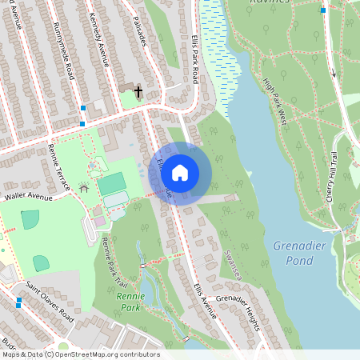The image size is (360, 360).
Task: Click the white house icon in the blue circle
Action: [180, 173]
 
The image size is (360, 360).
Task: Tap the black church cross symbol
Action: [138, 92]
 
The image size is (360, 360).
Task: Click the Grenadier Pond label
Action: [299, 253]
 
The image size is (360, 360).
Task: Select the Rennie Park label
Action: [130, 301]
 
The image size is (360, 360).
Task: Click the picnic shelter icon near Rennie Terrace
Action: [84, 189]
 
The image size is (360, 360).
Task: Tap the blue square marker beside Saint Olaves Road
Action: [18, 302]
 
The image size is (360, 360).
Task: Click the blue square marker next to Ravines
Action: [323, 10]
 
